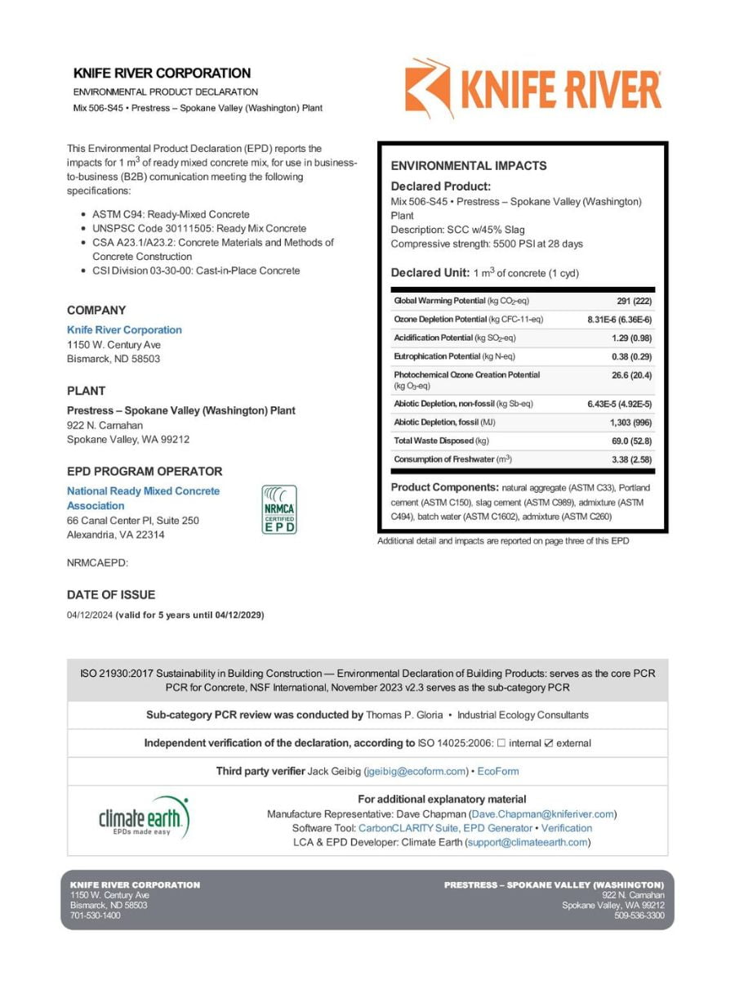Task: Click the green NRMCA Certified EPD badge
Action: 278,509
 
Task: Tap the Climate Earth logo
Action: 144,817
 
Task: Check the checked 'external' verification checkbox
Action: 549,743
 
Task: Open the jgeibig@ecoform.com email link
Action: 416,771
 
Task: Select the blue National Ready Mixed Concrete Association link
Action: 143,498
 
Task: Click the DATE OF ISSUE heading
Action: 111,594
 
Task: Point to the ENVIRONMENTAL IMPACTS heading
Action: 469,165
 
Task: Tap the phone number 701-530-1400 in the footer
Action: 96,916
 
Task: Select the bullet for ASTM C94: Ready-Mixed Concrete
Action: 84,214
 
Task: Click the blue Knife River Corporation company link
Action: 124,329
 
